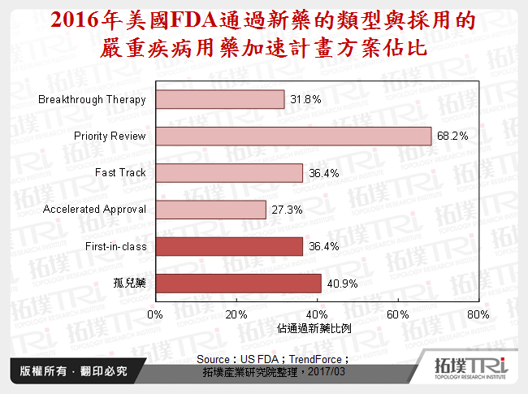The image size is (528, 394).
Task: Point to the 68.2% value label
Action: (475, 136)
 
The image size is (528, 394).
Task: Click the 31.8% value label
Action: (305, 99)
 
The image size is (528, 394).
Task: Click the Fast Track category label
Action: (120, 172)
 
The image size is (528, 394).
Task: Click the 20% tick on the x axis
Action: (236, 314)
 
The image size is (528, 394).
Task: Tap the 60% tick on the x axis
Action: (397, 314)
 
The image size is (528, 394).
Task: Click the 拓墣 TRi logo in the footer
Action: (470, 370)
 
